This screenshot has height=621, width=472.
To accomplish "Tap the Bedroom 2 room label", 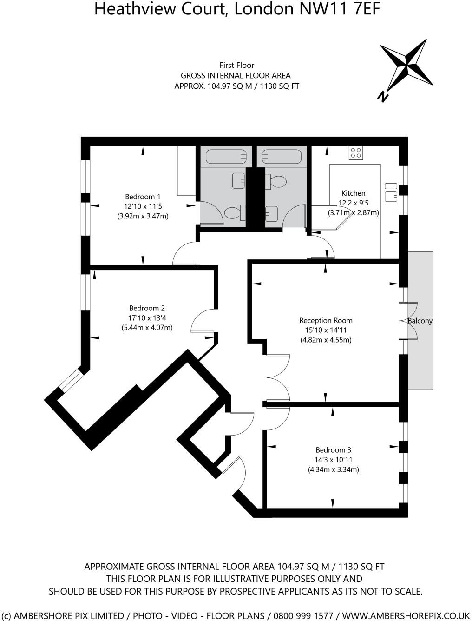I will point(147,308).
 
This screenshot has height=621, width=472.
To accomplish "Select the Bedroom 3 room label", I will point(333,450).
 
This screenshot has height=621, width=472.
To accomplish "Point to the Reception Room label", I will point(326,320).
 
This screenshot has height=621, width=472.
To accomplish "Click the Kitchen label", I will point(353,193).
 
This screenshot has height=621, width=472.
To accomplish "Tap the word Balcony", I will point(420,321).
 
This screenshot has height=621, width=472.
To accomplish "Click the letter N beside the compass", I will point(383,96).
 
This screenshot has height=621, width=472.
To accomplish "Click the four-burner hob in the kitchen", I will point(356,153).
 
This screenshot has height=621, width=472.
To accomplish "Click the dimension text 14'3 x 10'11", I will point(333,460).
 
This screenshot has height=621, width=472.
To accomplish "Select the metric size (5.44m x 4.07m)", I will point(147,328).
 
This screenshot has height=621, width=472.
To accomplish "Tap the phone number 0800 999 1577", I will point(303,615).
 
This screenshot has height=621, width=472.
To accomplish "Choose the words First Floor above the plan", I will point(236,65).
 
